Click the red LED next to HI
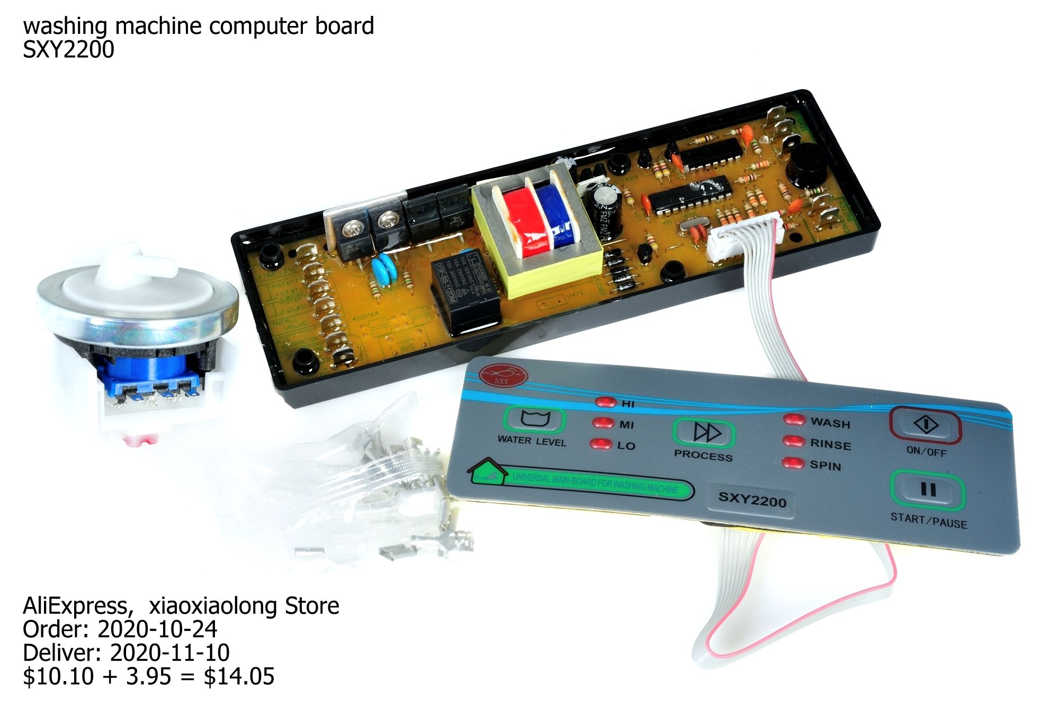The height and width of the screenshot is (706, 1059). [x=605, y=401]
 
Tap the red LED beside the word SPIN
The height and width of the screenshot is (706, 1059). [x=793, y=463]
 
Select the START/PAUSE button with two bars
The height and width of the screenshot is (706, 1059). [x=927, y=490]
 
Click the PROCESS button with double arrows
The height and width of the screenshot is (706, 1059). [x=705, y=433]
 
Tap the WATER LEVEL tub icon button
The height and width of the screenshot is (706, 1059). [x=535, y=419]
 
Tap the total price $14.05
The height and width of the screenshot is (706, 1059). [x=239, y=676]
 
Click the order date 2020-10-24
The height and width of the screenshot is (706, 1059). [x=157, y=629]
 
